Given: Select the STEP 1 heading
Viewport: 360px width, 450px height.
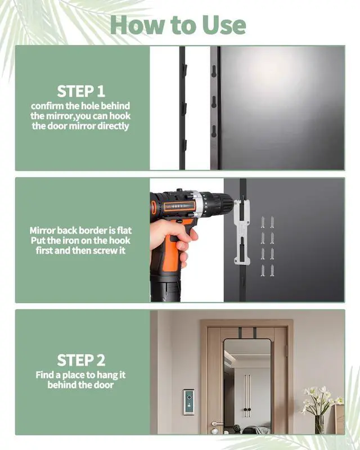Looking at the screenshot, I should click(x=80, y=91).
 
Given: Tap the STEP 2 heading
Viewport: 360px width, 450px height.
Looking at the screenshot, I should click(x=80, y=360).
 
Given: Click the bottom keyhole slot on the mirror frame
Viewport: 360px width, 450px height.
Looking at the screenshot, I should click(x=214, y=143).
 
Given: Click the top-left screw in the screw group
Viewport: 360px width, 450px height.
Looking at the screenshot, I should click(x=263, y=221).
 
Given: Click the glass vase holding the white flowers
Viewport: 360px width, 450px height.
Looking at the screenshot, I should click(x=319, y=423).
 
